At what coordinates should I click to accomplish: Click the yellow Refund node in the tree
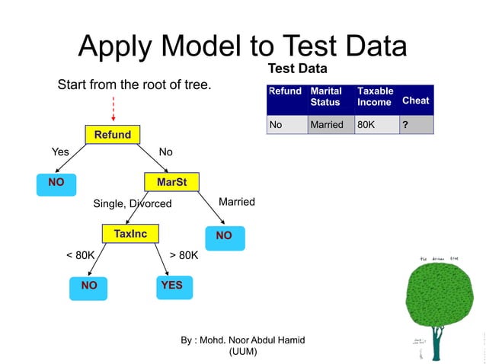(112, 136)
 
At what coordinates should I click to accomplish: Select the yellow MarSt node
(171, 183)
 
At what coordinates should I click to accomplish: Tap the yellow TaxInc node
(129, 233)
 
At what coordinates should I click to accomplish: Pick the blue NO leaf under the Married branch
(223, 236)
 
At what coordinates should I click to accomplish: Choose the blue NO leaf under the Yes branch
(56, 183)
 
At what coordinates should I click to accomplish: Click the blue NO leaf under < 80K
(89, 286)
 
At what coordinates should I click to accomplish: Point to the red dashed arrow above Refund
(114, 109)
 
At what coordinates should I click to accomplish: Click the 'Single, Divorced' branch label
(132, 204)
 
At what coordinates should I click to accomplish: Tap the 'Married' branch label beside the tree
(236, 202)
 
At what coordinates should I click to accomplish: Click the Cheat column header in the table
(415, 101)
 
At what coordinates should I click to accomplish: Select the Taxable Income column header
(376, 97)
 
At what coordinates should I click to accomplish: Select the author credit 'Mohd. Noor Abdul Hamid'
(242, 340)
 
